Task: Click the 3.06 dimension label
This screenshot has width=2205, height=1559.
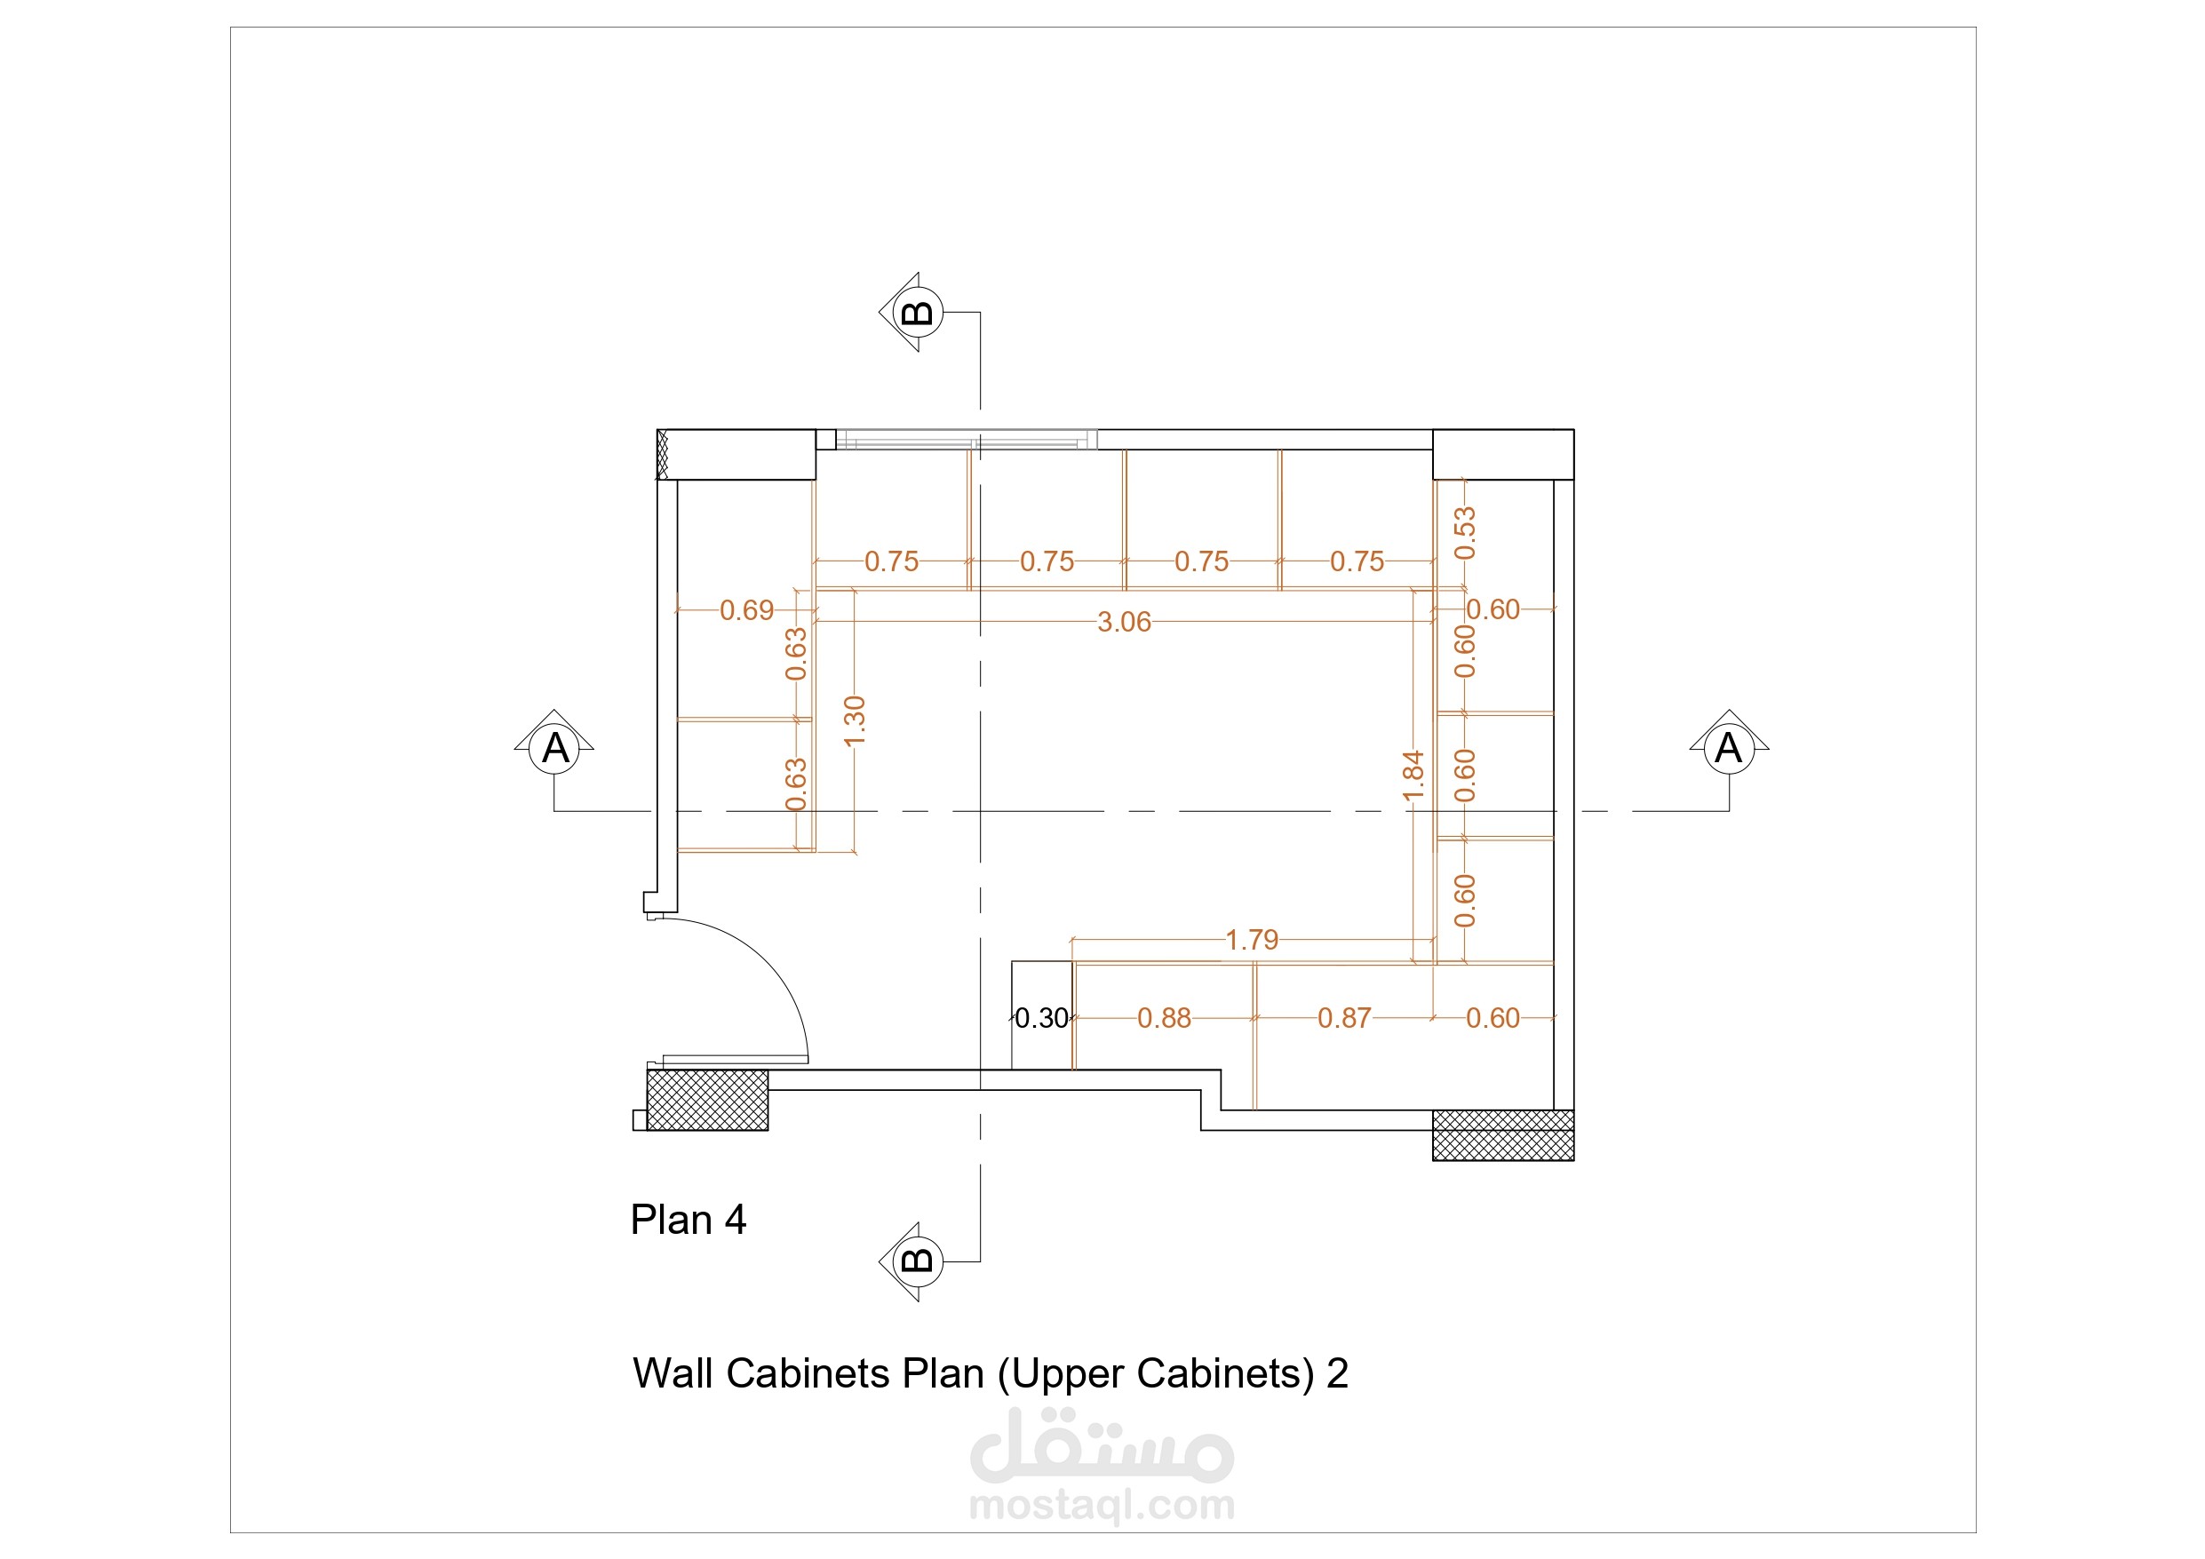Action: coord(1124,623)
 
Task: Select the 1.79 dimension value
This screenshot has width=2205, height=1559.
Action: coord(1252,941)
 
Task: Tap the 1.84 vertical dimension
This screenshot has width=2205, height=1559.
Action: coord(1413,776)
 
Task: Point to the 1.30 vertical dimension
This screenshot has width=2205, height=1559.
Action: coord(854,720)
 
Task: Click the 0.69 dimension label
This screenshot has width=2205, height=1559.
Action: coord(746,611)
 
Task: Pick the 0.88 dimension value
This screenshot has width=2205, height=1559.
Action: coord(1164,1018)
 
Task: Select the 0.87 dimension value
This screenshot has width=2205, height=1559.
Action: coord(1343,1018)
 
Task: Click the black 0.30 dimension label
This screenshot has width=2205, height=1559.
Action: coord(1042,1018)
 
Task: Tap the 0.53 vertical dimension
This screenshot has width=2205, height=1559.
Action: coord(1465,533)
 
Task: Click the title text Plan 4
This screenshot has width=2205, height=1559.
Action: coord(688,1220)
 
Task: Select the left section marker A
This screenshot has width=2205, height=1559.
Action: coord(554,747)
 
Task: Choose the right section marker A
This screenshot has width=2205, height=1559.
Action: coord(1729,747)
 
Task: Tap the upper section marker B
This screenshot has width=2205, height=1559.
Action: coord(918,312)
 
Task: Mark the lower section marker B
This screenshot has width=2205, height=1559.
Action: coord(918,1261)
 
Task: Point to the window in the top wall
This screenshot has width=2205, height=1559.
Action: coord(966,440)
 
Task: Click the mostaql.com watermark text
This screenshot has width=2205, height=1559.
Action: coord(1102,1504)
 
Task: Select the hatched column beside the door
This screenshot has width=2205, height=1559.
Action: coord(707,1100)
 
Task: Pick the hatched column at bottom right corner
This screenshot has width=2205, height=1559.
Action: coord(1503,1135)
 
